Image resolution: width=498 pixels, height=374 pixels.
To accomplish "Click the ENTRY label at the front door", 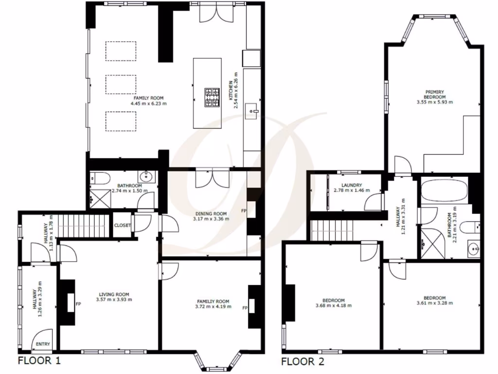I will [x=43, y=345].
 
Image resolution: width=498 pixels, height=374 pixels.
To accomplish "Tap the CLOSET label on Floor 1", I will [x=122, y=225].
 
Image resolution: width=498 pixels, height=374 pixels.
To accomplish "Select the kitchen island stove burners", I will [x=213, y=97].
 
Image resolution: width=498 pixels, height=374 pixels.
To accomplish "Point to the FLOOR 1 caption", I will [x=39, y=361].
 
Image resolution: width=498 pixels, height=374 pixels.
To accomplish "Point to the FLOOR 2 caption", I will [x=302, y=361].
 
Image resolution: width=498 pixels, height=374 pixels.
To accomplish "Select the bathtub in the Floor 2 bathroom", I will [x=444, y=191].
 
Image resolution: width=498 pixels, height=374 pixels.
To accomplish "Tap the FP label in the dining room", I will [x=244, y=211].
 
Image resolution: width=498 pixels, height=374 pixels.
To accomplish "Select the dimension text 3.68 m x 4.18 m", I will [x=333, y=306].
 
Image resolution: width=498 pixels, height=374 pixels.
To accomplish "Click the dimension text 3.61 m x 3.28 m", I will [x=434, y=303].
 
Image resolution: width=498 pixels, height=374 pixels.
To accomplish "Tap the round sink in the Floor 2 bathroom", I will [x=472, y=249].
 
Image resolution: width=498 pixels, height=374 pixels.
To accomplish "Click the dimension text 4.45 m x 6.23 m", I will [x=148, y=103].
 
